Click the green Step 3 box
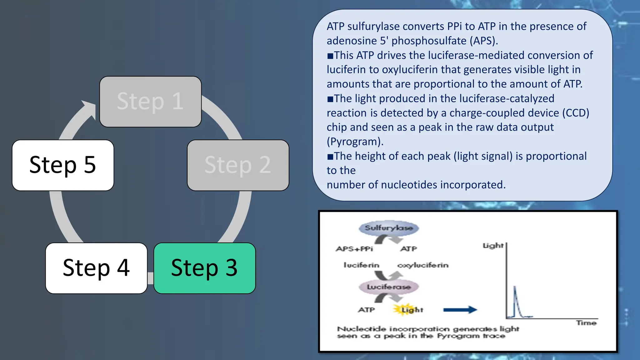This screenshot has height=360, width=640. [204, 268]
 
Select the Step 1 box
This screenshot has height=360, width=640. [150, 102]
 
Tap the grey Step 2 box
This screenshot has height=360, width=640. [238, 165]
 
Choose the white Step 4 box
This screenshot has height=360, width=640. [96, 268]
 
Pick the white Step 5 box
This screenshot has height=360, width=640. [63, 165]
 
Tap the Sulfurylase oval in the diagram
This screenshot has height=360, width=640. [388, 228]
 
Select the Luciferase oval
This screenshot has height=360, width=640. [388, 287]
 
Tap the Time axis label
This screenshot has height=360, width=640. [586, 323]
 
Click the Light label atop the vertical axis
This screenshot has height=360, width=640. [493, 246]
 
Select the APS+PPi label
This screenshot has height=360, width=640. [354, 249]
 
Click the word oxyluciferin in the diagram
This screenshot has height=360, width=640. [422, 265]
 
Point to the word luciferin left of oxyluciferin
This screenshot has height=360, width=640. [361, 265]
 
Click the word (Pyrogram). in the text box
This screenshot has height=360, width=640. [355, 142]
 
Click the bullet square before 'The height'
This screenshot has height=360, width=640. [330, 157]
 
